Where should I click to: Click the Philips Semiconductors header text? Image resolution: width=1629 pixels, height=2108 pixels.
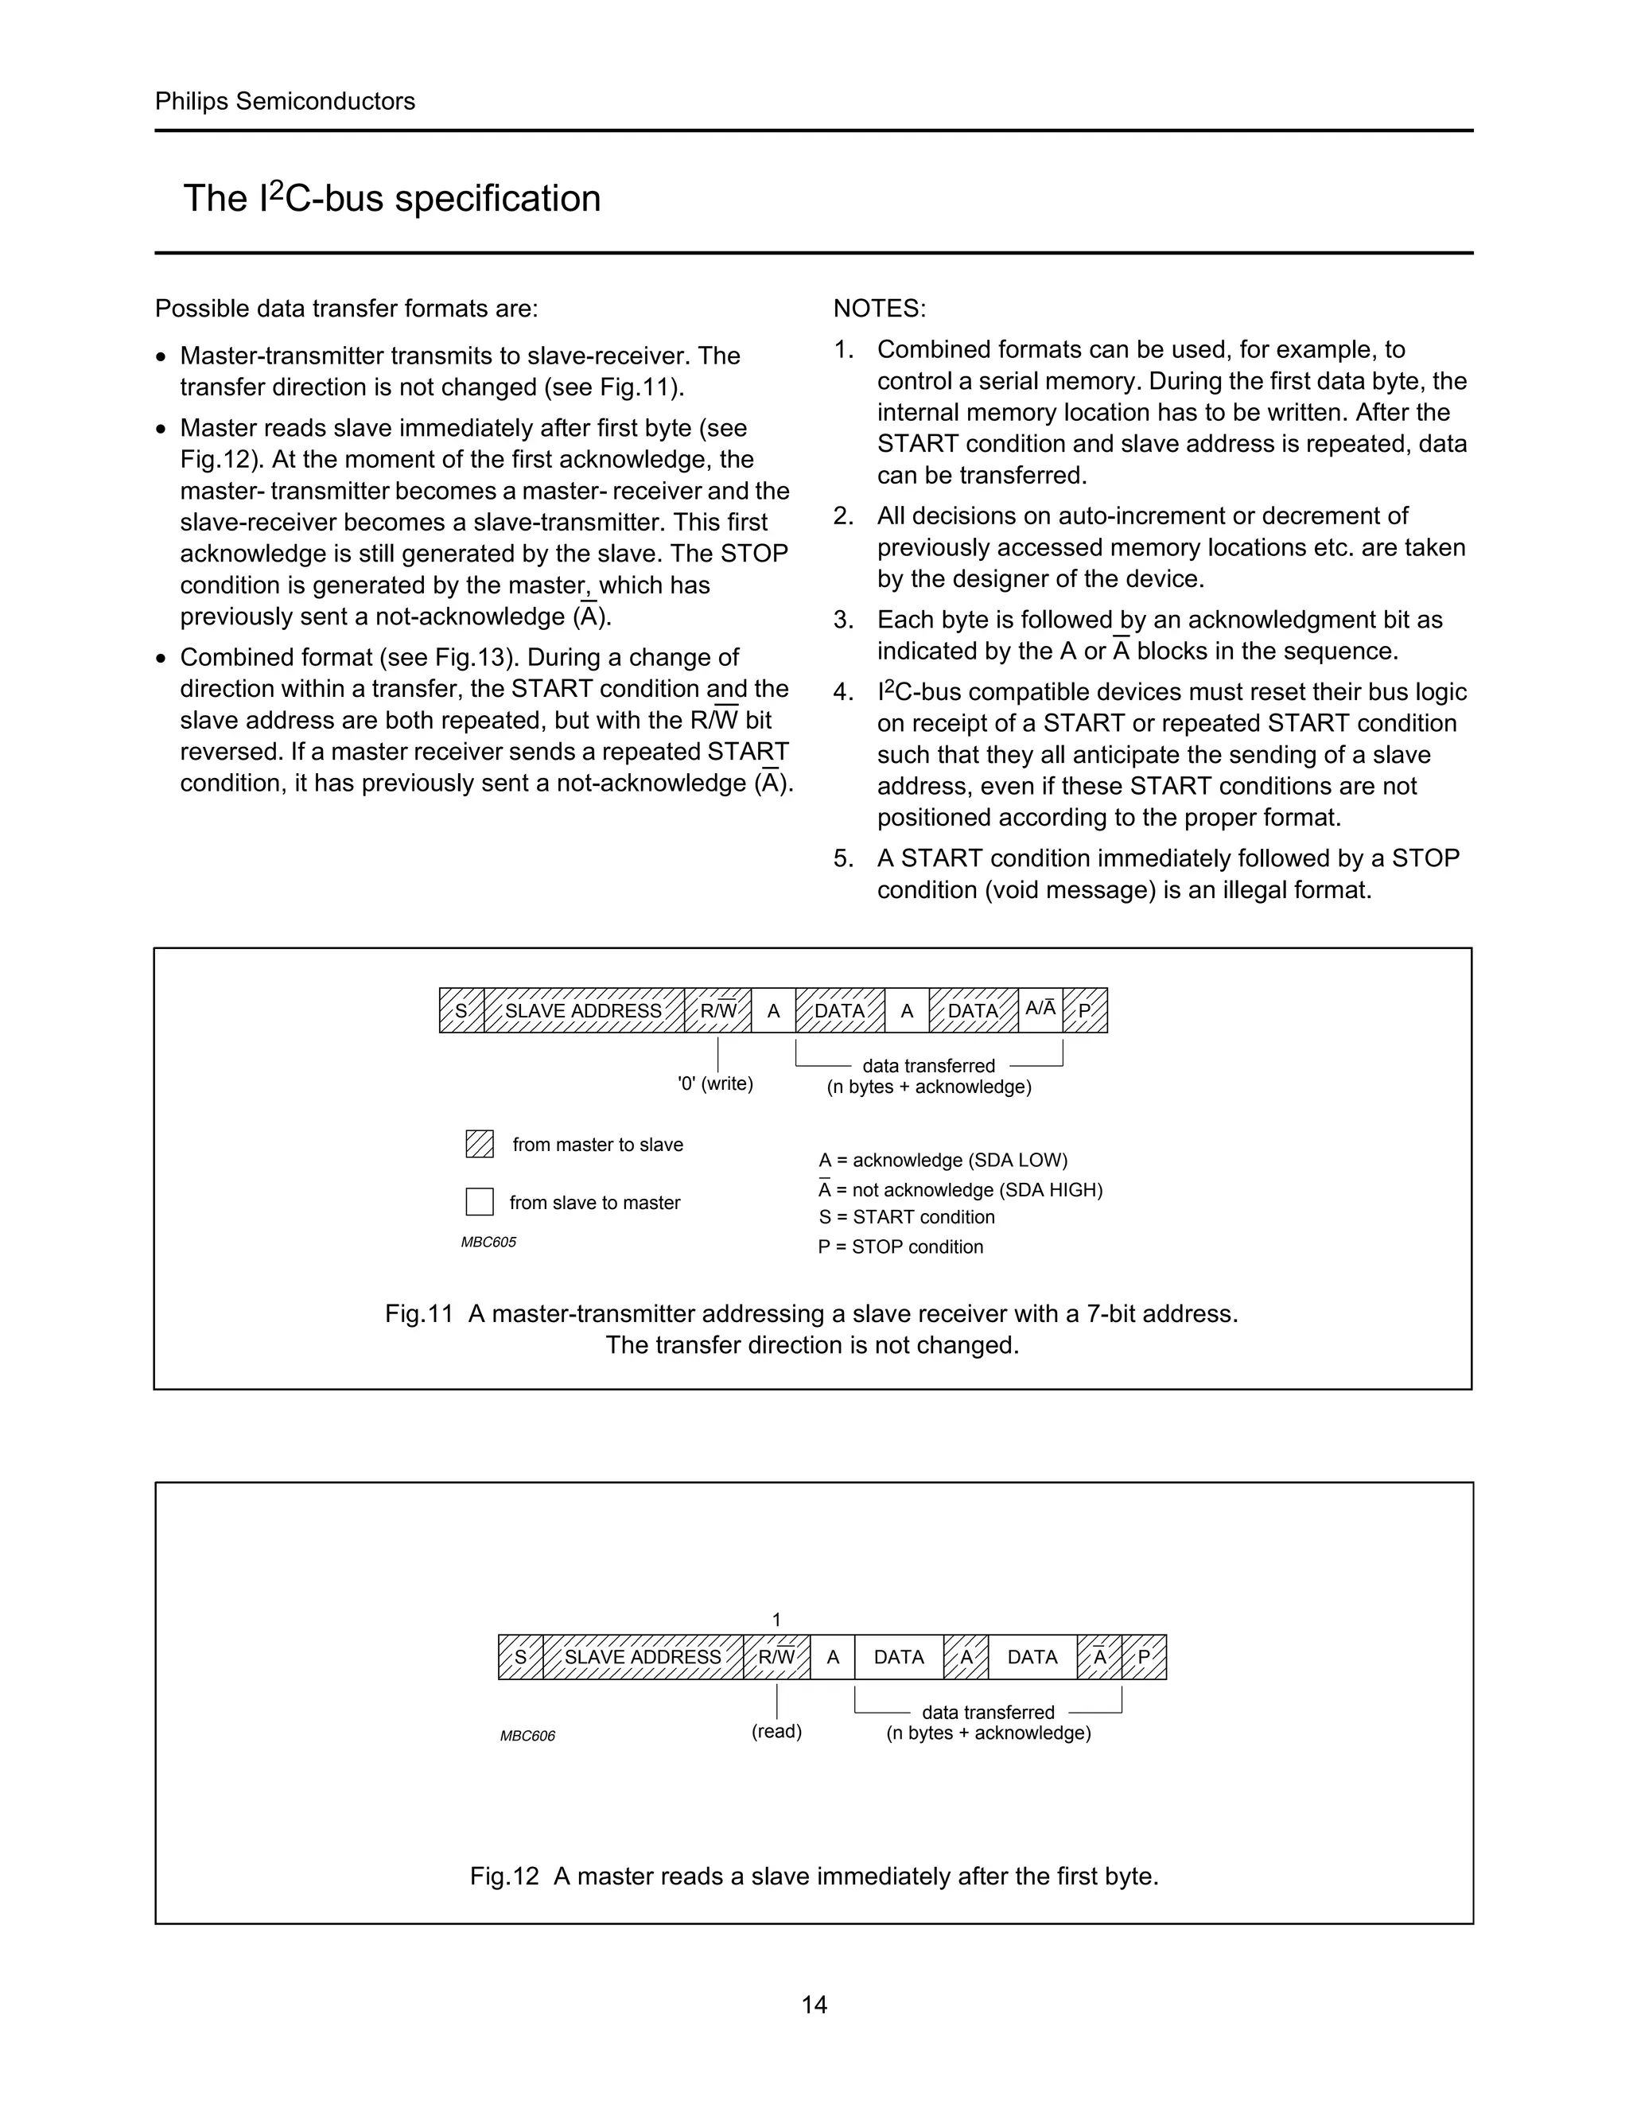click(285, 101)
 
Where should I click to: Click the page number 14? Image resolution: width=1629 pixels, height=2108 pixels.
click(814, 2005)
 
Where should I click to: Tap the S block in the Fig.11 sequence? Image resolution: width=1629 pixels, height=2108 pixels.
click(461, 1010)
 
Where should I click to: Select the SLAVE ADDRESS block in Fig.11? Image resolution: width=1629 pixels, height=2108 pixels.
click(583, 1010)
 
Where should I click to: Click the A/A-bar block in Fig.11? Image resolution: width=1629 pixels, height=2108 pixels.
click(1040, 1009)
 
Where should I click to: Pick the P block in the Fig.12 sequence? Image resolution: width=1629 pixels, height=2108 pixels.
click(1144, 1657)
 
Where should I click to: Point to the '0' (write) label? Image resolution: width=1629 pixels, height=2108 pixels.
click(715, 1084)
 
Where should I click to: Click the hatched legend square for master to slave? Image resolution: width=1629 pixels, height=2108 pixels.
click(480, 1144)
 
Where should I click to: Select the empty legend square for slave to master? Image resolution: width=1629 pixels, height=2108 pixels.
click(480, 1202)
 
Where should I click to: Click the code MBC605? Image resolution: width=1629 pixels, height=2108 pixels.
click(488, 1243)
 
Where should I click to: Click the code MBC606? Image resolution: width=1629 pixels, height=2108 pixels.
click(527, 1737)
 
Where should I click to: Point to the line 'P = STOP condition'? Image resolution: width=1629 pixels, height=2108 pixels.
click(900, 1247)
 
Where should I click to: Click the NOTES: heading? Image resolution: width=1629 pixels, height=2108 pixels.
click(879, 309)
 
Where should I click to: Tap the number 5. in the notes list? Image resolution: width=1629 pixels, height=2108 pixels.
click(843, 858)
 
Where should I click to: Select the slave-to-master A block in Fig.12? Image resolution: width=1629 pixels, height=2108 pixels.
click(832, 1657)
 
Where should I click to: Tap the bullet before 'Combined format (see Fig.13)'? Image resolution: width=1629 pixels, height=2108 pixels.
click(161, 659)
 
